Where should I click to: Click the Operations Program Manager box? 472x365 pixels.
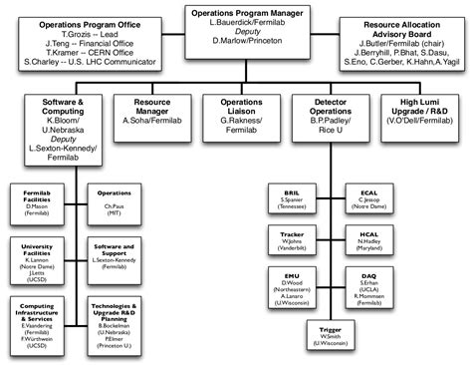[235, 26]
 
